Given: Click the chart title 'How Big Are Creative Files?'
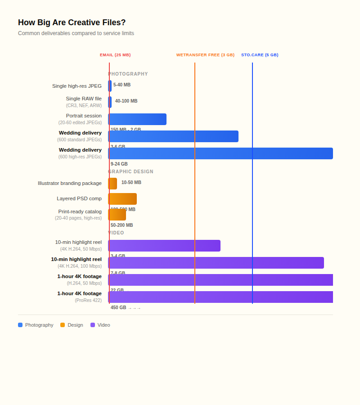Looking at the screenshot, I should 72,22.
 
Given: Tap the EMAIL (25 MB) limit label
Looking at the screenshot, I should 115,55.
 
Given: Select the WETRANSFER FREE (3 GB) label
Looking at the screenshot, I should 205,55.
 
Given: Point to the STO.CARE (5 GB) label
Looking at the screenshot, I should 260,55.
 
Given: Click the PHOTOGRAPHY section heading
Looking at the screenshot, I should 128,74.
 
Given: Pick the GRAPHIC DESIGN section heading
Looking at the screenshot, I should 131,171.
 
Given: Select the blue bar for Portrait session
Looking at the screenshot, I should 137,119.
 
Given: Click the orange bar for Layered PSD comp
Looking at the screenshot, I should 122,199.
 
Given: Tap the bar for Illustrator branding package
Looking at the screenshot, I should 112,184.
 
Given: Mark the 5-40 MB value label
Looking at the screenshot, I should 122,85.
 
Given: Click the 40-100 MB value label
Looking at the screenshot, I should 126,101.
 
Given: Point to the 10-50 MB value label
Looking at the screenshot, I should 131,182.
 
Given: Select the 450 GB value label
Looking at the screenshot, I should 118,307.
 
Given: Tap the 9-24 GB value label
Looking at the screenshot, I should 119,164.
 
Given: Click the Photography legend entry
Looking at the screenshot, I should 36,325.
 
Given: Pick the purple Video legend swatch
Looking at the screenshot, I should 93,325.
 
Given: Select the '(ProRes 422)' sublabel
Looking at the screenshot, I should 88,300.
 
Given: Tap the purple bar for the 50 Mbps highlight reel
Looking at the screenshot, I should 164,246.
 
